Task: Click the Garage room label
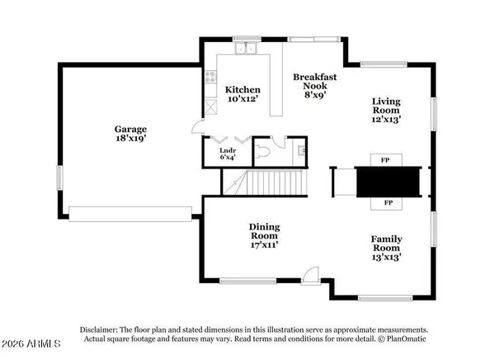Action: pyautogui.click(x=130, y=130)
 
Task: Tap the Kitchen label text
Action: pyautogui.click(x=243, y=90)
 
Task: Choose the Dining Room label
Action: pyautogui.click(x=265, y=232)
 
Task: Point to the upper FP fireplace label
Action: pyautogui.click(x=385, y=159)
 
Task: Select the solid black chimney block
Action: pyautogui.click(x=385, y=180)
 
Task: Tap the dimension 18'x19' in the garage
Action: pyautogui.click(x=130, y=141)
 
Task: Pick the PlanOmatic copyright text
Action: pyautogui.click(x=402, y=338)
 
